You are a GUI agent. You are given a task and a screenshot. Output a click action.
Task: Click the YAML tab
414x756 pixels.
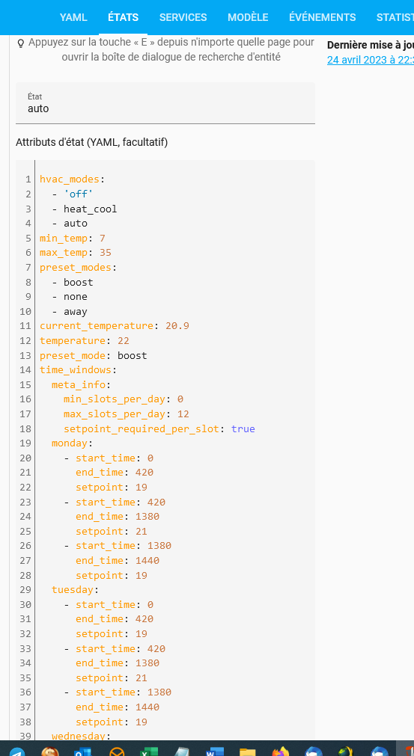pyautogui.click(x=73, y=17)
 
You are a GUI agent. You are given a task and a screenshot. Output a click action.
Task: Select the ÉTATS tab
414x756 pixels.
pyautogui.click(x=123, y=17)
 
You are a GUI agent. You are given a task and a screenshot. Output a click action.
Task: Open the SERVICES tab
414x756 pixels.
pyautogui.click(x=183, y=17)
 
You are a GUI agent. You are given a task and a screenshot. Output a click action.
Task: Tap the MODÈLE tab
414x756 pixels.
pyautogui.click(x=248, y=17)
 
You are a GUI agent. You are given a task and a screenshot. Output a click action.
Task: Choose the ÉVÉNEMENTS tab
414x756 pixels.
pyautogui.click(x=323, y=17)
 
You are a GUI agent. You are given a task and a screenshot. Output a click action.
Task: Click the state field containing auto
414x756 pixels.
pyautogui.click(x=165, y=103)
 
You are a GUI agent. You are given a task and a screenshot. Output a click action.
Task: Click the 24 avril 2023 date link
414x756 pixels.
pyautogui.click(x=370, y=61)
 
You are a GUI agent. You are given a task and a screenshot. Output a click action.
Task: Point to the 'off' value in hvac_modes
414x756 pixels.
pyautogui.click(x=81, y=194)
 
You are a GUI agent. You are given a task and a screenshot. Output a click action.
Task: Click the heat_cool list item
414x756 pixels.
pyautogui.click(x=91, y=209)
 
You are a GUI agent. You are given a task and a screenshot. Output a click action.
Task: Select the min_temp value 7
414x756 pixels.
pyautogui.click(x=103, y=238)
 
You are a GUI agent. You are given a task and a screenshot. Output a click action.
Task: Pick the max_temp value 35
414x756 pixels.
pyautogui.click(x=106, y=253)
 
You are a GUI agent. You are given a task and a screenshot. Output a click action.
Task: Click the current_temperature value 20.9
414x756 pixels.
pyautogui.click(x=177, y=326)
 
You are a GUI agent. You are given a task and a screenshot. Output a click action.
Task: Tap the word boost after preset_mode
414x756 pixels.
pyautogui.click(x=133, y=355)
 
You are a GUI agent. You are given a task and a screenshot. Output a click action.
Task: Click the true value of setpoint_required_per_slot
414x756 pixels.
pyautogui.click(x=243, y=428)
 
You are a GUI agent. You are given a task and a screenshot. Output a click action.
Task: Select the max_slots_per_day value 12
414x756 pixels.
pyautogui.click(x=183, y=414)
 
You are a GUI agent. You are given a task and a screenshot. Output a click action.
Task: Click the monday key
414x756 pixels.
pyautogui.click(x=70, y=443)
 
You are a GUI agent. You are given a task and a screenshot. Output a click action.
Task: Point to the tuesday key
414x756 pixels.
pyautogui.click(x=73, y=590)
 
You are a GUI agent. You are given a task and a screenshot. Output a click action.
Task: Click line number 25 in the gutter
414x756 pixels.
pyautogui.click(x=25, y=532)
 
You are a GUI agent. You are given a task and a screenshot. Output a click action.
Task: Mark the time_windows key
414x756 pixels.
pyautogui.click(x=76, y=370)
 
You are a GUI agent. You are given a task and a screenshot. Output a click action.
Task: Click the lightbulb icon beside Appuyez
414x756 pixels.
pyautogui.click(x=21, y=43)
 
